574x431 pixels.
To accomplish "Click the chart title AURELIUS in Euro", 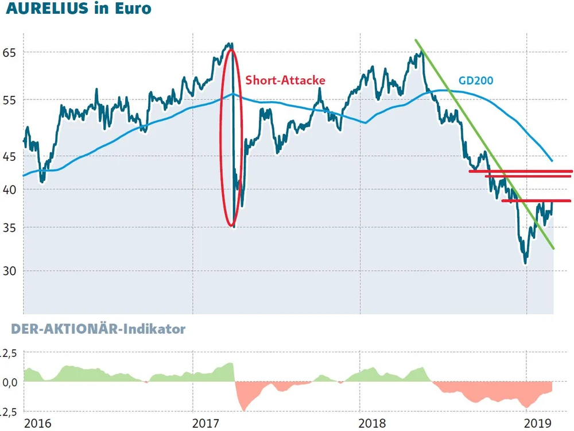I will pos(78,9).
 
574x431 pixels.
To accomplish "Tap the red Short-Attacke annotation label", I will pos(285,80).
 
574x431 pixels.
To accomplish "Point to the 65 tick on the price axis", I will pos(11,52).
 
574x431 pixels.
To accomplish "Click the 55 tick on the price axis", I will pos(11,100).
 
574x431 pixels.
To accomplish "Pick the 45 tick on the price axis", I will pos(11,156).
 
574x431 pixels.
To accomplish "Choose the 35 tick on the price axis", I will pos(11,228).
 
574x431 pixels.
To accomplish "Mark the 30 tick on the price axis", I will pos(11,271).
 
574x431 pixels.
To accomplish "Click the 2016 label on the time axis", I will pos(38,424).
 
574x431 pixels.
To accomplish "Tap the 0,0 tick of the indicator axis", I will pos(11,382).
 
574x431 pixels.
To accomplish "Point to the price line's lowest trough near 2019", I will pos(525,263).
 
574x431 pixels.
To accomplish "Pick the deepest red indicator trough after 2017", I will pos(244,410).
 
